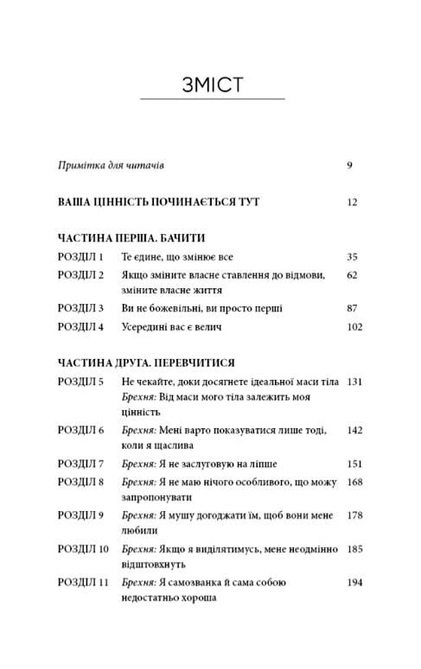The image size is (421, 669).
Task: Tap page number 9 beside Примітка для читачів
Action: [x=350, y=164]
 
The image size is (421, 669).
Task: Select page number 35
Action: [x=352, y=256]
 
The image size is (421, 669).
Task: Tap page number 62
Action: [x=352, y=275]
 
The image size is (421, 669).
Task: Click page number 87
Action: [x=352, y=307]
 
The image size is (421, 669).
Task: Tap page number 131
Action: [x=354, y=381]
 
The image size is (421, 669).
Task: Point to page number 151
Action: [x=354, y=464]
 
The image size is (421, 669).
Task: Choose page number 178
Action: [x=354, y=515]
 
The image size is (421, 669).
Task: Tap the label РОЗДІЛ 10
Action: [x=83, y=548]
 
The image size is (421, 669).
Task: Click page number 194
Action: [x=354, y=583]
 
